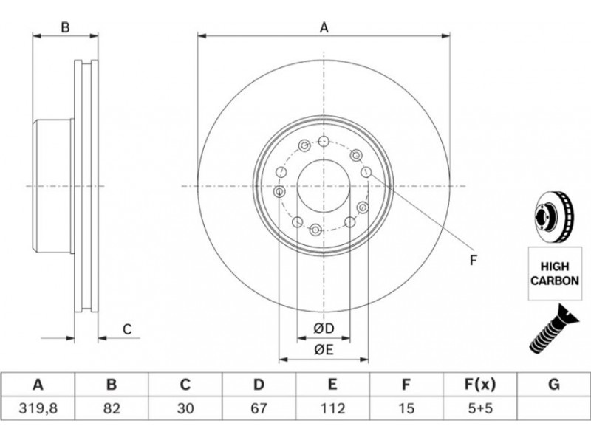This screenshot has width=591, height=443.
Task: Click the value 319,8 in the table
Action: pyautogui.click(x=38, y=408)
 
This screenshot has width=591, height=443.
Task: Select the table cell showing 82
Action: pyautogui.click(x=112, y=408)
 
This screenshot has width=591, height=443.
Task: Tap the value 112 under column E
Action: pyautogui.click(x=332, y=408)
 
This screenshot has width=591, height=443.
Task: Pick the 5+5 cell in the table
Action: pyautogui.click(x=480, y=408)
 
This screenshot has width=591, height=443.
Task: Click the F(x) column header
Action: pyautogui.click(x=480, y=385)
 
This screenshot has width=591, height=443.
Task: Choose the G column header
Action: pyautogui.click(x=553, y=385)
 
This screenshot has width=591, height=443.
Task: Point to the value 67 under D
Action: pyautogui.click(x=259, y=408)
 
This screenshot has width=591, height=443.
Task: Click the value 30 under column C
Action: pyautogui.click(x=185, y=408)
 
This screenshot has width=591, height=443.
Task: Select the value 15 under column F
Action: pyautogui.click(x=406, y=408)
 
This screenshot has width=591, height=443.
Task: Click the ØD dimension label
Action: pyautogui.click(x=324, y=329)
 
